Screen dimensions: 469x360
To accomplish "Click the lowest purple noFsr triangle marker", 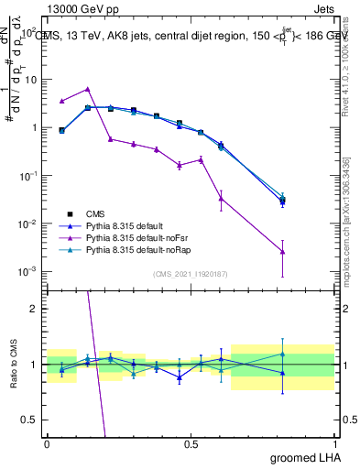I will coord(283,252).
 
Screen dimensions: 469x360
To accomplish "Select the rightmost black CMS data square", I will coord(283,200).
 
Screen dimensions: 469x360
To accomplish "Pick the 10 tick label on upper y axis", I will coord(30,79).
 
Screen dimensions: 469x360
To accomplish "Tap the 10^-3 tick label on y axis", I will coord(28,272).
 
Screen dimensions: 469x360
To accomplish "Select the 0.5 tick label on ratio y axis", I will coord(30,420).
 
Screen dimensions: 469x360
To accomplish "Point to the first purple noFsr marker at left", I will coord(61,101).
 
